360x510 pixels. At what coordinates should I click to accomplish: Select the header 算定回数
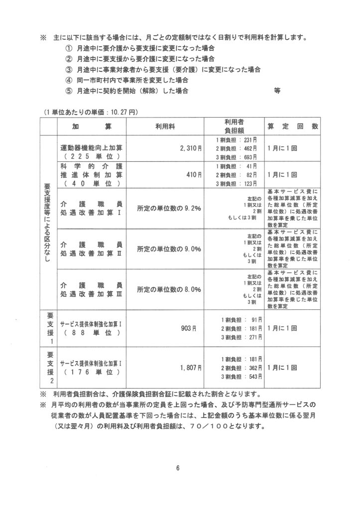[x=293, y=127]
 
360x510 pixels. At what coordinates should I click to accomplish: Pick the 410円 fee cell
[x=195, y=175]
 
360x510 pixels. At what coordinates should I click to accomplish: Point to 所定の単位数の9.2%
[x=169, y=208]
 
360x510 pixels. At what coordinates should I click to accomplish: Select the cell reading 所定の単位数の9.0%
[x=169, y=249]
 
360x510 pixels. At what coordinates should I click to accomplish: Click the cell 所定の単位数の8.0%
[x=169, y=289]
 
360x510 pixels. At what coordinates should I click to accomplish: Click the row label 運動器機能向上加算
[x=92, y=148]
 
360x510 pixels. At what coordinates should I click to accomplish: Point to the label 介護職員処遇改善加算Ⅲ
[x=92, y=289]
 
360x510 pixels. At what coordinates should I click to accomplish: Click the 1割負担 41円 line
[x=236, y=165]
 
